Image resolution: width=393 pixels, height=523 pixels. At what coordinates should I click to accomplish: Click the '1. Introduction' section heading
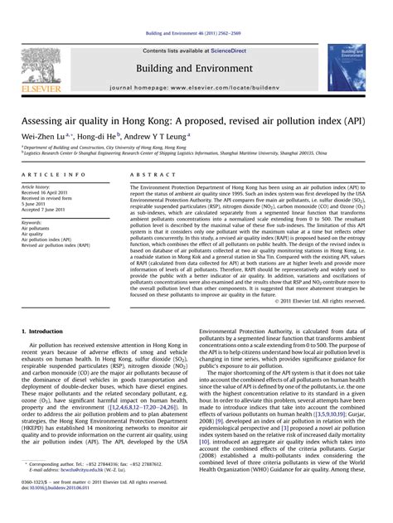pos(49,331)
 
